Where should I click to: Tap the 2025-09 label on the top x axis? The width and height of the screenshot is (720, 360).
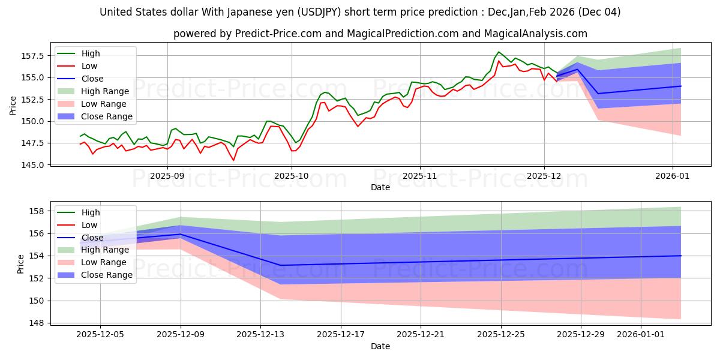pos(167,176)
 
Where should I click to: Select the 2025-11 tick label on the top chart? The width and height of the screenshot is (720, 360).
pos(420,176)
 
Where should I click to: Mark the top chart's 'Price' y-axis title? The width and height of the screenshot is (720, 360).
pos(13,105)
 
